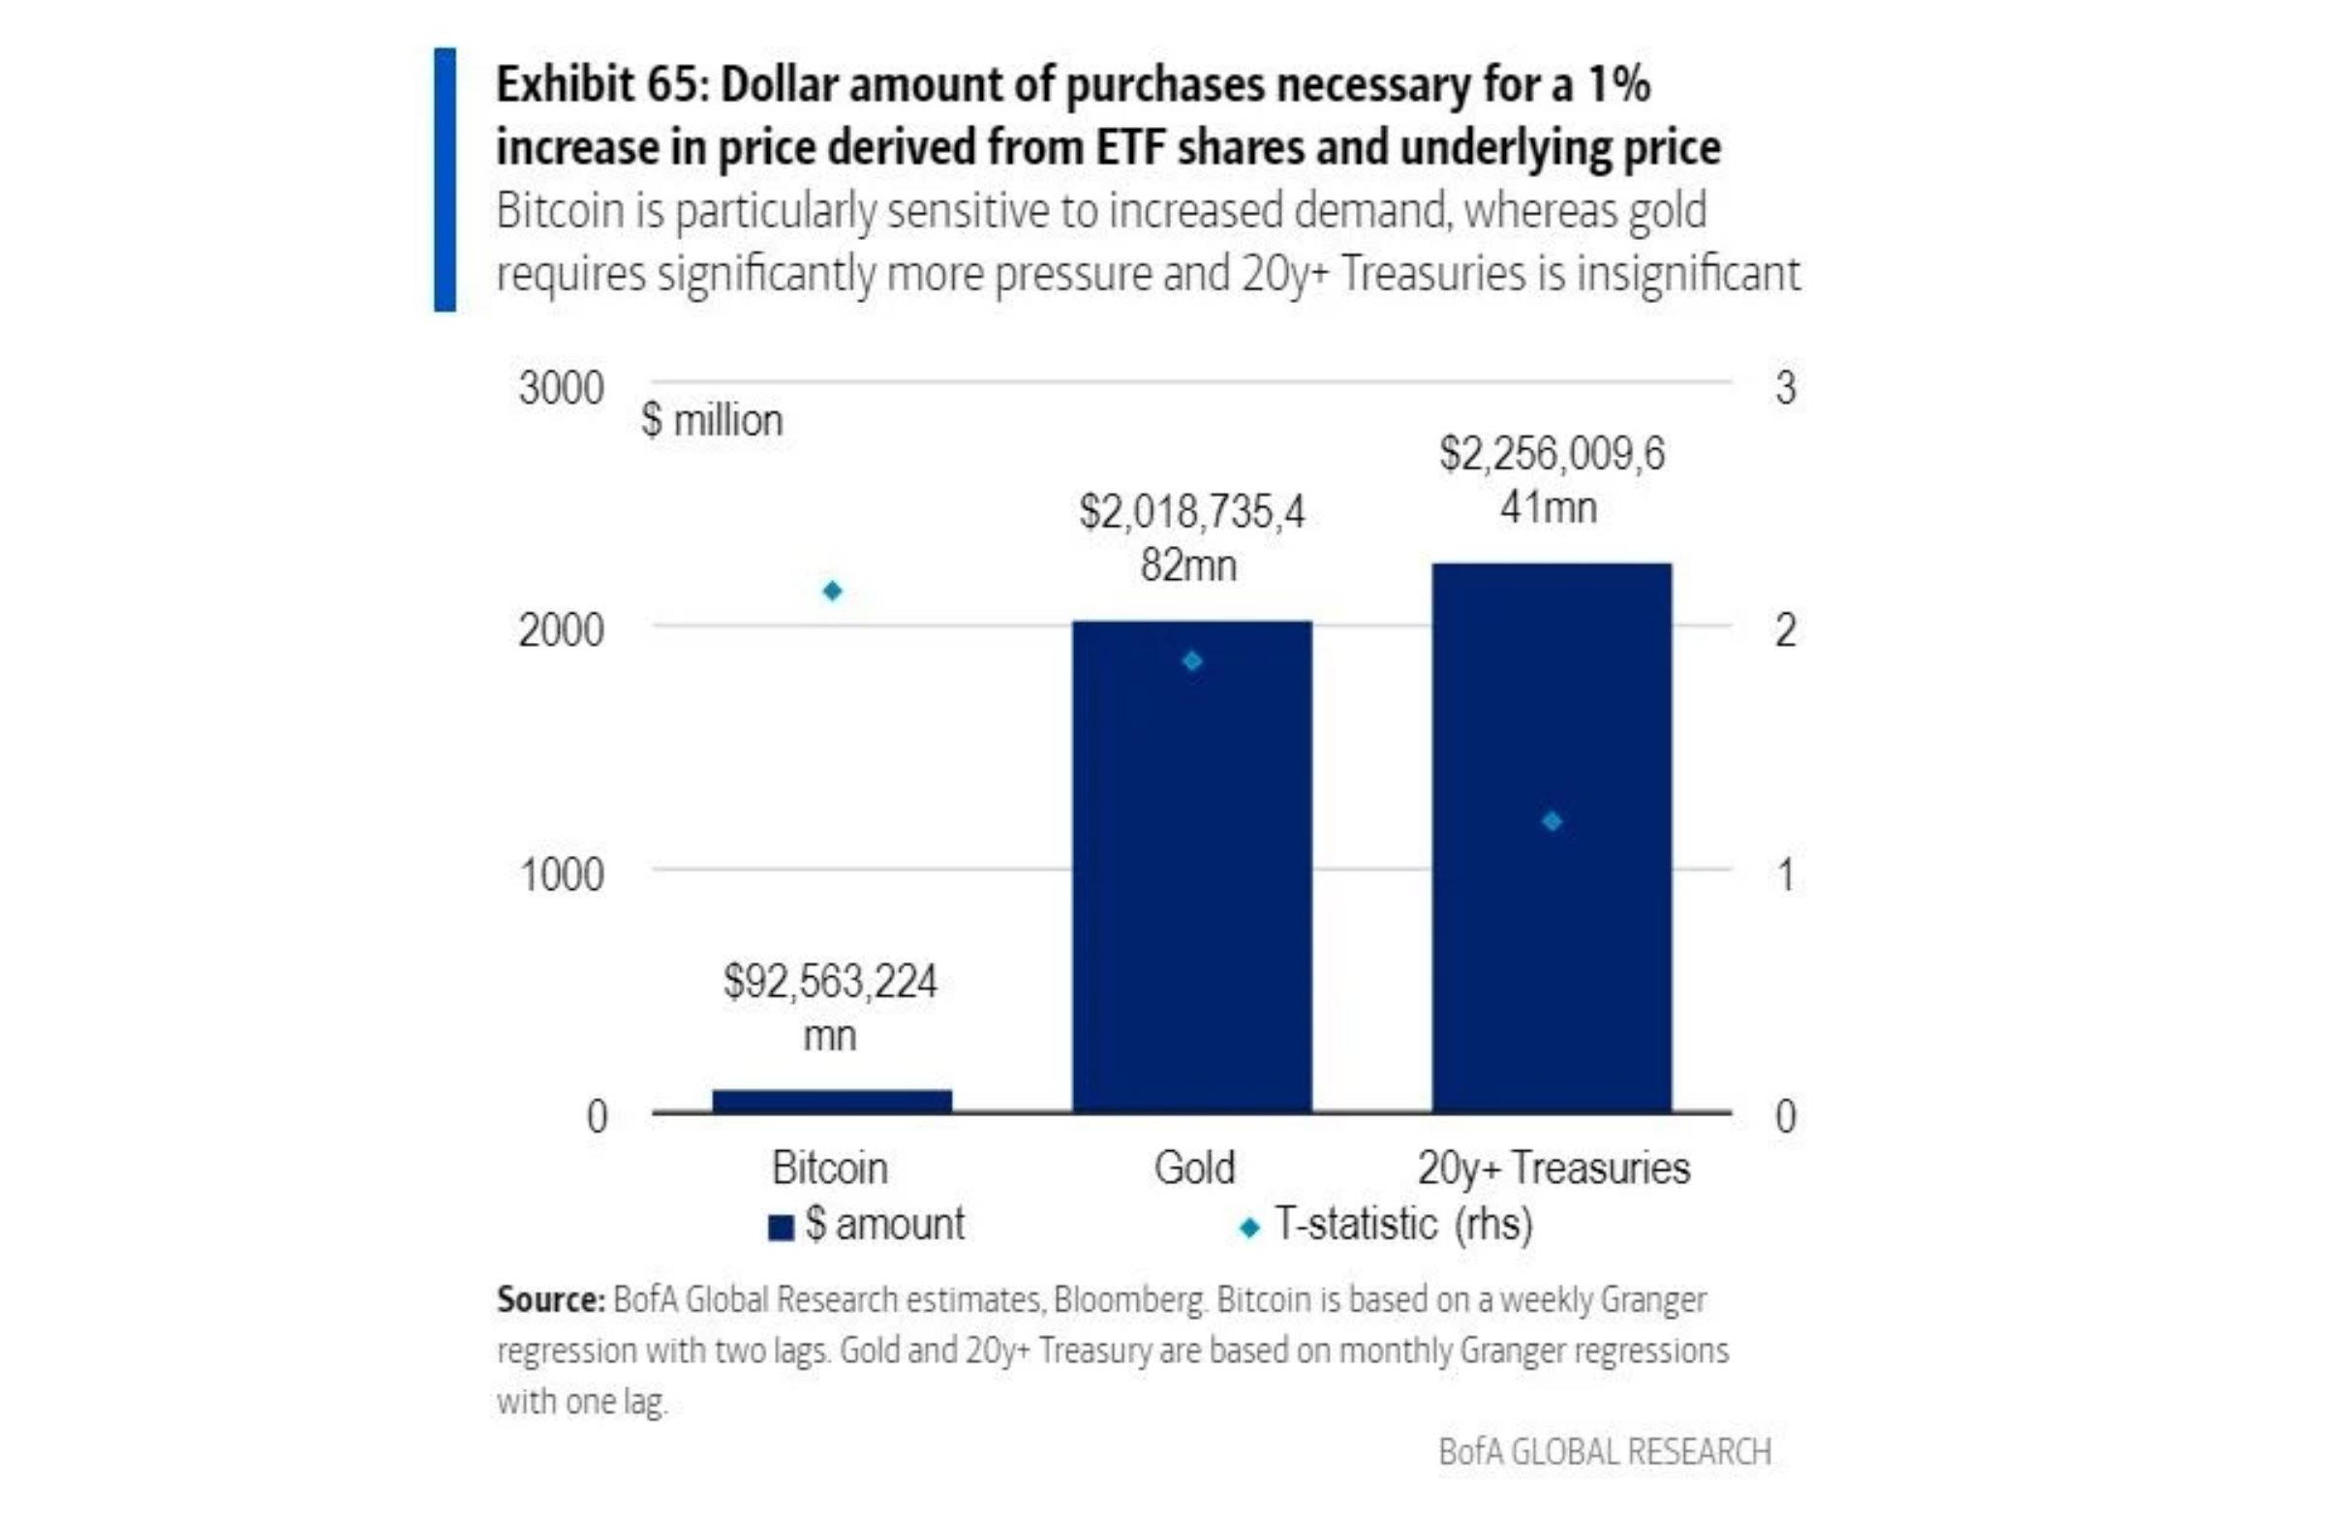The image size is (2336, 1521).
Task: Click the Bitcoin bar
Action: coord(831,1100)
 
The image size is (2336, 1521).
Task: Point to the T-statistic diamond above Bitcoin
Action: coord(832,591)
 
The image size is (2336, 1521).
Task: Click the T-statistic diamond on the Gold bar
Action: coord(1191,661)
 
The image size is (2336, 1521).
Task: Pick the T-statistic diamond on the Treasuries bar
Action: coord(1552,821)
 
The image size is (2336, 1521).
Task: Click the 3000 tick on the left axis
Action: coord(561,388)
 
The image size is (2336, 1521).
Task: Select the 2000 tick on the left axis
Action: coord(561,630)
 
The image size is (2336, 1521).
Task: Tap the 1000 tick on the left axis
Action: coord(561,873)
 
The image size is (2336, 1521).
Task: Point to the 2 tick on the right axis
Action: coord(1785,630)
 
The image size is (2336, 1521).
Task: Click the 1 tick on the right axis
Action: coord(1785,873)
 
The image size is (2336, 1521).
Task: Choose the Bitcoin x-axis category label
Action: coord(829,1168)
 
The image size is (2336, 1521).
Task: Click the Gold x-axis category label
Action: coord(1193,1168)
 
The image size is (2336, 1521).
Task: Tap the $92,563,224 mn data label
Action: coord(830,1007)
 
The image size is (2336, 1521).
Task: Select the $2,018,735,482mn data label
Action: coord(1191,537)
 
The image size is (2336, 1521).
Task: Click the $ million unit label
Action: coord(712,420)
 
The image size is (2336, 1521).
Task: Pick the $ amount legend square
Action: coord(782,1228)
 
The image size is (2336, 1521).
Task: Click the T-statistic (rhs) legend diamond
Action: coord(1249,1228)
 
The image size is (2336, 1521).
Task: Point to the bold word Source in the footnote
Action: coord(550,1299)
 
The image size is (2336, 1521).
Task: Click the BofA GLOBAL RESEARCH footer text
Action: coord(1605,1451)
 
